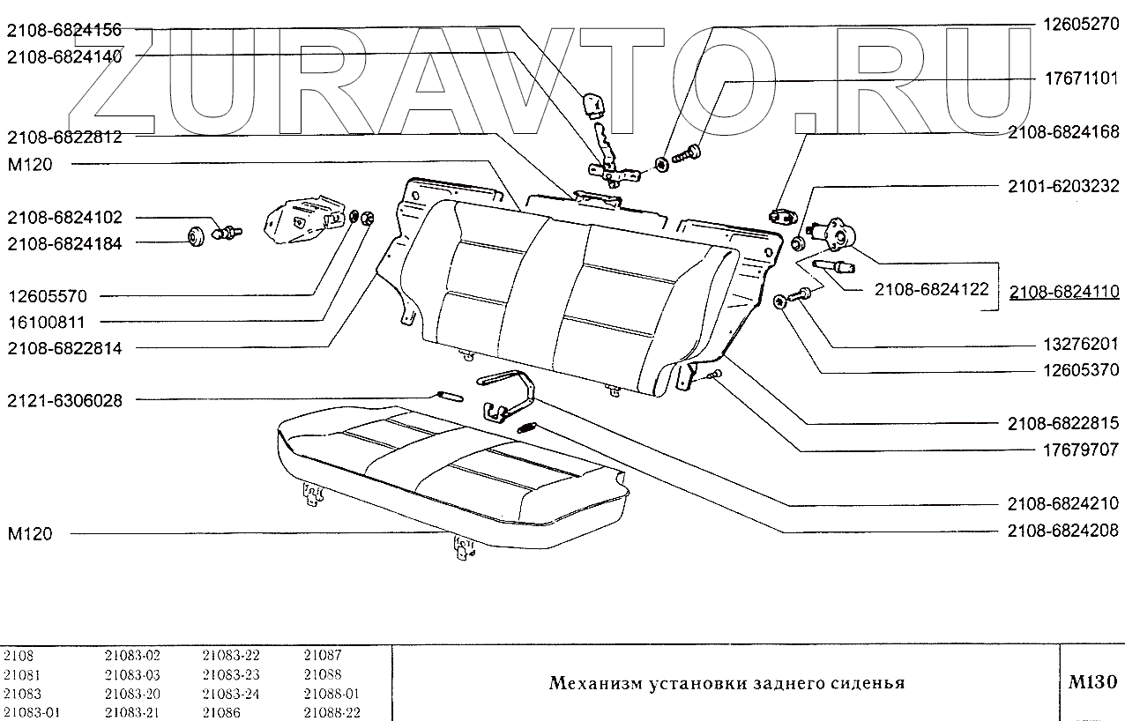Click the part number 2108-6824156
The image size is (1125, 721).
click(64, 31)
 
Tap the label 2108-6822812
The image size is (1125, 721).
click(64, 138)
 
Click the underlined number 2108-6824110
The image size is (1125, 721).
click(1064, 292)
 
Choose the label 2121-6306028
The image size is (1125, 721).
click(64, 401)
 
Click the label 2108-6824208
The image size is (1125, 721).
click(1064, 531)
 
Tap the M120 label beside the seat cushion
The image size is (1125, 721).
click(29, 534)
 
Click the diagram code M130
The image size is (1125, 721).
click(1092, 682)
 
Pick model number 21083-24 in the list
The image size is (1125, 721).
click(232, 694)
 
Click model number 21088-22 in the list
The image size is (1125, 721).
click(332, 713)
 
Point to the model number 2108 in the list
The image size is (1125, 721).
click(19, 655)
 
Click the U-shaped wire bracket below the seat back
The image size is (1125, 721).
click(511, 393)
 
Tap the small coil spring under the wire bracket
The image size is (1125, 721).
click(527, 428)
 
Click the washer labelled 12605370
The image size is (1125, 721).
click(780, 302)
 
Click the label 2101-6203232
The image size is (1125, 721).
click(1064, 186)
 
